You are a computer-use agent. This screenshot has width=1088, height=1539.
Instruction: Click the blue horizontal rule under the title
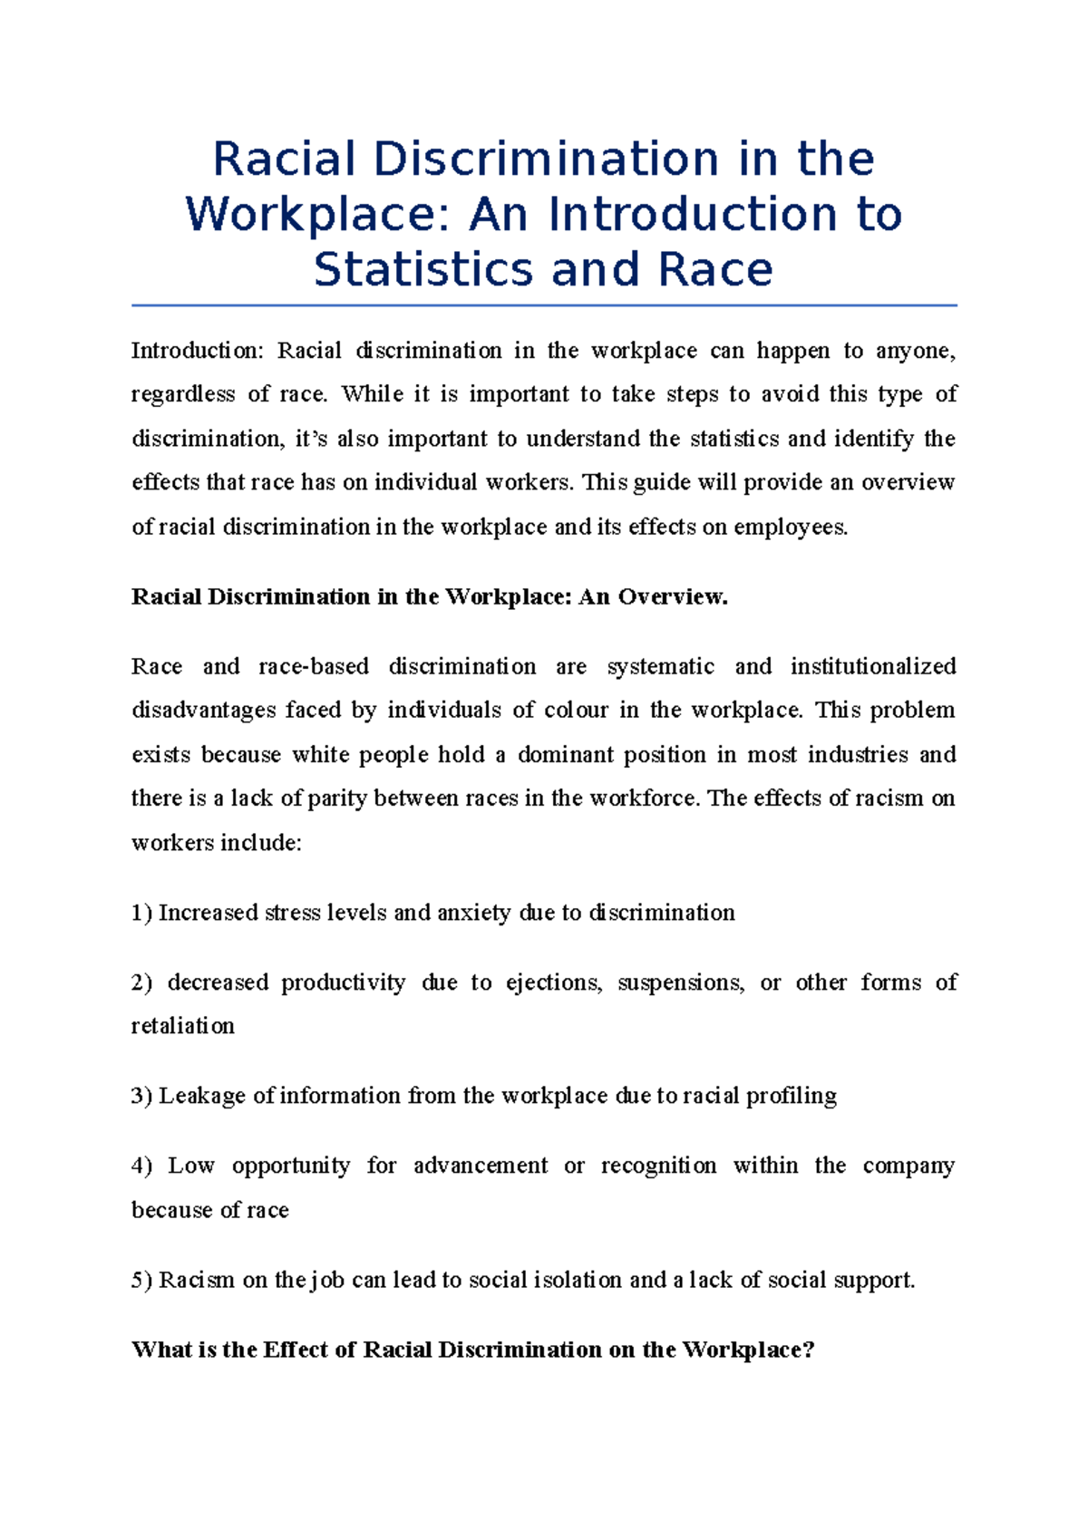point(544,305)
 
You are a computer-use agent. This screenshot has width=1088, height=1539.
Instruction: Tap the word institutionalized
point(873,667)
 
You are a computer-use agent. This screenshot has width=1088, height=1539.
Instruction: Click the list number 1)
point(142,913)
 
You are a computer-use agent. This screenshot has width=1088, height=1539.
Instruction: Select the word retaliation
point(183,1026)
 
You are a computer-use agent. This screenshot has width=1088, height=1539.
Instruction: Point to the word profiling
point(791,1096)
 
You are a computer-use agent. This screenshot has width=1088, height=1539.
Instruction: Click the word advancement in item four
point(481,1166)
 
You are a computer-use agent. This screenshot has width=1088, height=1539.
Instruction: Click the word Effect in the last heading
point(296,1350)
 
